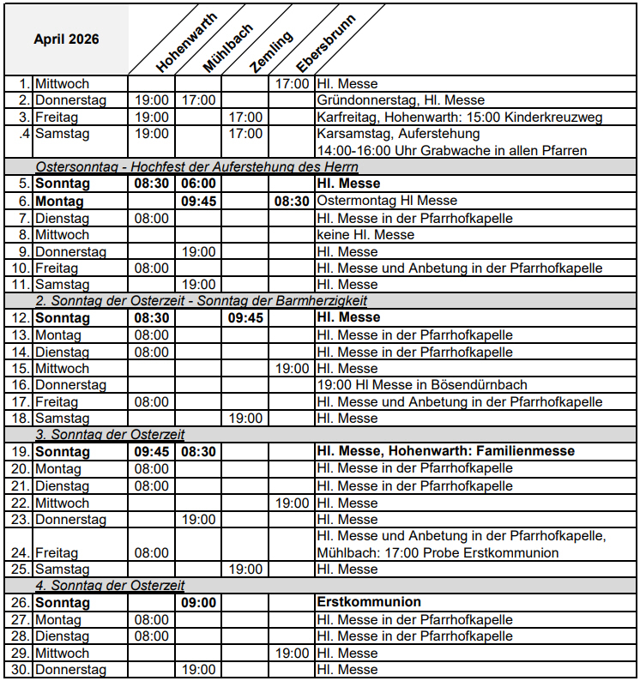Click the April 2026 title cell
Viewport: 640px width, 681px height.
coord(66,39)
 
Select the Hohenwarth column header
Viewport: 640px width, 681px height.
coord(186,42)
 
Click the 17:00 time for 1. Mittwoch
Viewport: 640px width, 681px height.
coord(292,84)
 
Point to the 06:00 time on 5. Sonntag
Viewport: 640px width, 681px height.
coord(198,184)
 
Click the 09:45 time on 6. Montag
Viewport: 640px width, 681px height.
coord(198,201)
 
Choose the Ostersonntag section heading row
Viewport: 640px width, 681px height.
coord(197,167)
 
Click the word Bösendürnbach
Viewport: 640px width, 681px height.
coord(480,385)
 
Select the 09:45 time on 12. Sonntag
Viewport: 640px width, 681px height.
coord(245,317)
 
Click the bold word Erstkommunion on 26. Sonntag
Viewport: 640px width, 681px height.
coord(369,602)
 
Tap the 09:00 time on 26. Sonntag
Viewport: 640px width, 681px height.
coord(198,602)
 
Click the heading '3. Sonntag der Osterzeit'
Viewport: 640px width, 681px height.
coord(110,435)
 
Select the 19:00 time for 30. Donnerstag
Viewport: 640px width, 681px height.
coord(198,669)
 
